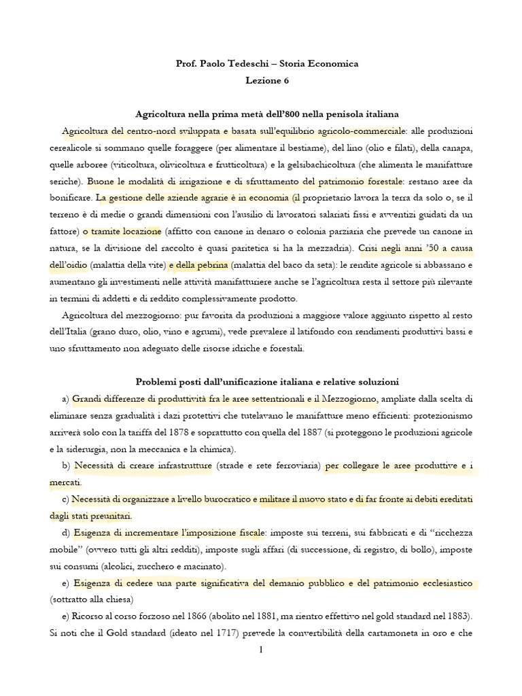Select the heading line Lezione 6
[267, 80]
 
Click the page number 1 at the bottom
[260, 650]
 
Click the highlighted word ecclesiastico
[448, 583]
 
